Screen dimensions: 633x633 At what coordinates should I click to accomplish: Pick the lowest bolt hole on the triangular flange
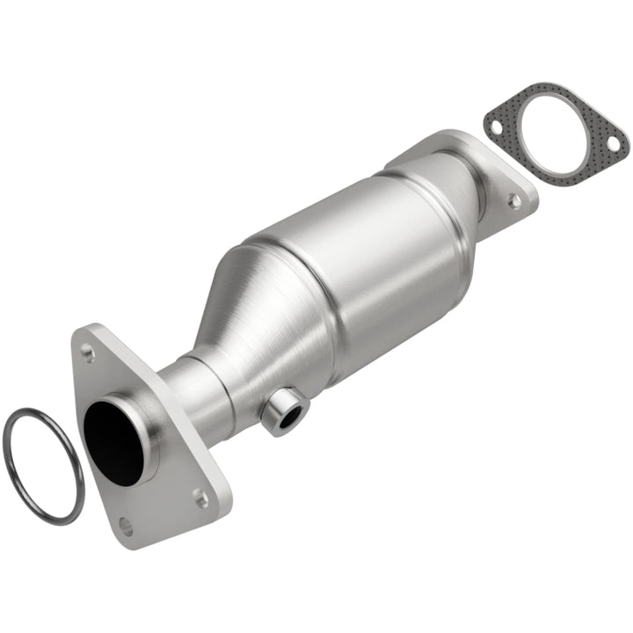tap(125, 527)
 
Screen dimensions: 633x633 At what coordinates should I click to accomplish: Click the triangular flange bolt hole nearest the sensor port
tap(201, 498)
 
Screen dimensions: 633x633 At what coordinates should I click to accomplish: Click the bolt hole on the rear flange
tap(514, 201)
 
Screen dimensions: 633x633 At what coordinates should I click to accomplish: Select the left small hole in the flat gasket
tap(496, 128)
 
